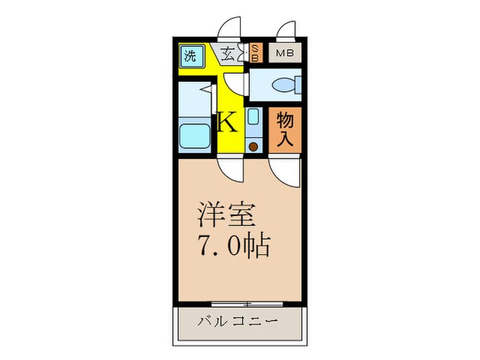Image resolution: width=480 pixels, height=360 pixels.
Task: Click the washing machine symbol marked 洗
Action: pyautogui.click(x=190, y=56)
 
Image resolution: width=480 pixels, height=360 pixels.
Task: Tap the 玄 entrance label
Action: pyautogui.click(x=228, y=53)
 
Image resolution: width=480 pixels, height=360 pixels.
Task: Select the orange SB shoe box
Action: pyautogui.click(x=254, y=53)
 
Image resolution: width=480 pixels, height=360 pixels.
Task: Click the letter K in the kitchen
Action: pyautogui.click(x=227, y=123)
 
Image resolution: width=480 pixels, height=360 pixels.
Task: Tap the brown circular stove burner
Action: pyautogui.click(x=253, y=145)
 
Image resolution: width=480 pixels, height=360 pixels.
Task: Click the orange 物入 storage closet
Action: pyautogui.click(x=285, y=130)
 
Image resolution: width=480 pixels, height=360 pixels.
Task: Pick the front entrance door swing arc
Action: pyautogui.click(x=230, y=29)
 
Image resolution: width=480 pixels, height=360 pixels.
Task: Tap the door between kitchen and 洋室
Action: pyautogui.click(x=230, y=169)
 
